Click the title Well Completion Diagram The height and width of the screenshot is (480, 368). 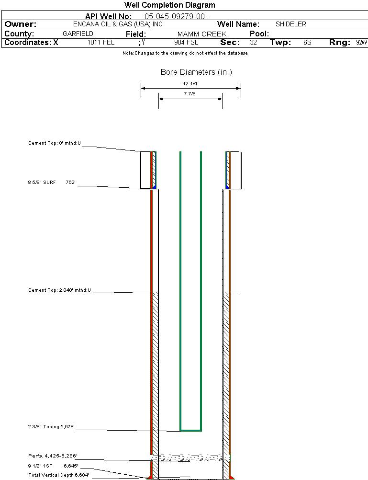point(169,5)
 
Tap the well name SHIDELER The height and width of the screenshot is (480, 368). point(290,24)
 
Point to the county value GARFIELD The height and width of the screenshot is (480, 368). point(78,34)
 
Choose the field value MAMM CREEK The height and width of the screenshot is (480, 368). point(201,34)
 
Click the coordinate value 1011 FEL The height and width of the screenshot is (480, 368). point(101,43)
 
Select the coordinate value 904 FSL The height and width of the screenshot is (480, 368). point(186,43)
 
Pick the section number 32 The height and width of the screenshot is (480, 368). point(253,43)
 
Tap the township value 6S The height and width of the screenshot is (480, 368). point(307,43)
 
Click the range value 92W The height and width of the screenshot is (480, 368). point(361,43)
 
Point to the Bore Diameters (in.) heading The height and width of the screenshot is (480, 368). point(196,72)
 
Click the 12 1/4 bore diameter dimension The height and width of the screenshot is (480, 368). point(190,84)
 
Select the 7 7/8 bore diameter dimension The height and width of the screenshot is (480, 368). point(190,94)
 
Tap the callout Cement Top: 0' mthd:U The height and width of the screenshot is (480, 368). point(55,143)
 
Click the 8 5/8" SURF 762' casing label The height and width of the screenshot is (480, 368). point(52,183)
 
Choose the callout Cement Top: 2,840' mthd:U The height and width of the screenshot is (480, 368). point(59,290)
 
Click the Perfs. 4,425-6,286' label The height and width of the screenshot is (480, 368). point(53,456)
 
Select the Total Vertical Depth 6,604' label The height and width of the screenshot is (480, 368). point(58,475)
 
